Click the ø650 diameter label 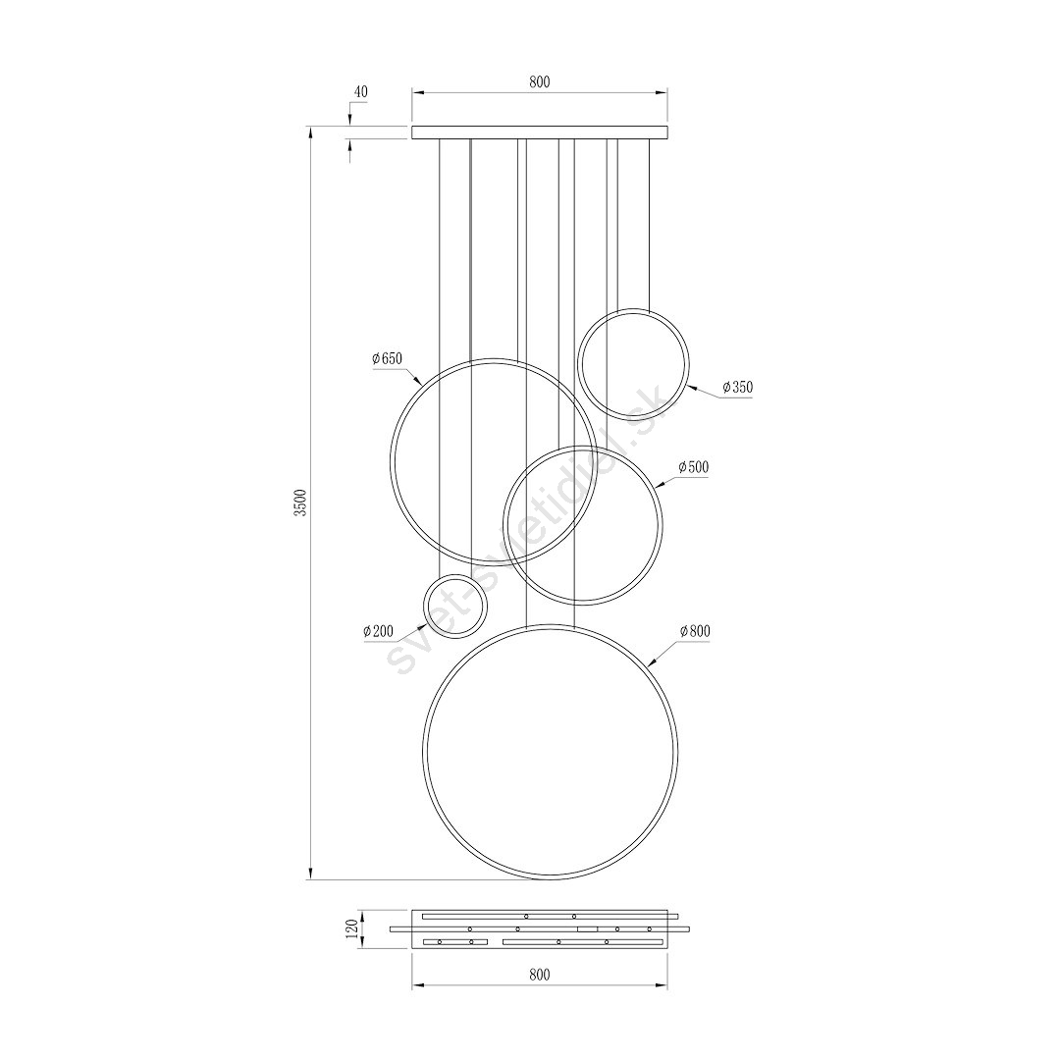(x=387, y=359)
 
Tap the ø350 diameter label (x=737, y=388)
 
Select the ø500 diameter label (x=693, y=467)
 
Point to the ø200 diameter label (x=378, y=631)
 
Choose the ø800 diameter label (x=695, y=631)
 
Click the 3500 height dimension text (x=301, y=503)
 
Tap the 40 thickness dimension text (x=361, y=92)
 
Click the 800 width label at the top (x=540, y=81)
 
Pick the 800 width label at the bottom (x=540, y=975)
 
